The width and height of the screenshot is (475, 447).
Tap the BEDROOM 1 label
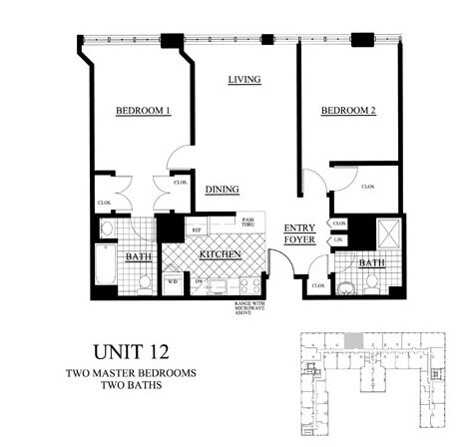[143, 112]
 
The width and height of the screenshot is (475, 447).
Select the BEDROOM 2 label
[347, 112]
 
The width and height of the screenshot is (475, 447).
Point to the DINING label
[222, 189]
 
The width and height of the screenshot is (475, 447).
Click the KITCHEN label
[222, 255]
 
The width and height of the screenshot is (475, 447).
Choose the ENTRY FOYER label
[299, 233]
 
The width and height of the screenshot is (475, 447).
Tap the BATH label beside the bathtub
[138, 257]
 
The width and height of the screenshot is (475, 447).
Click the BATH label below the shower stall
[372, 263]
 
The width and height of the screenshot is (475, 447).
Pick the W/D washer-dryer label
[173, 281]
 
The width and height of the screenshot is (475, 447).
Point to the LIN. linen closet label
[339, 239]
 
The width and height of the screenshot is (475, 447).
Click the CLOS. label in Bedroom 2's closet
[367, 187]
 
